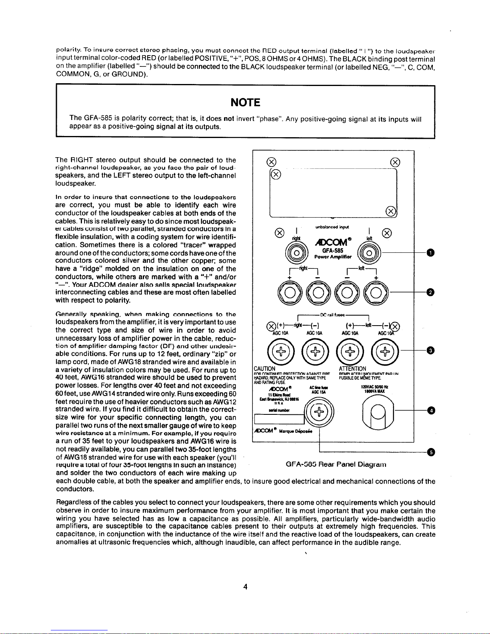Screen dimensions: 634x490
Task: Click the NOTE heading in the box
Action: point(246,103)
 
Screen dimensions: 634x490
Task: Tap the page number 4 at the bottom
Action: point(246,587)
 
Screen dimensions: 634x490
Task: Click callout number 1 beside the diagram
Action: point(430,253)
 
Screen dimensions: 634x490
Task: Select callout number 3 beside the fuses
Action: point(430,351)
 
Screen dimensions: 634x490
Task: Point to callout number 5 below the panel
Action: point(430,452)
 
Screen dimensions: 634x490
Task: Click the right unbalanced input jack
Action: point(296,254)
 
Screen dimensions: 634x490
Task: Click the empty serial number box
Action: point(278,419)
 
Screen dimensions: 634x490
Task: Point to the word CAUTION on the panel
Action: point(265,368)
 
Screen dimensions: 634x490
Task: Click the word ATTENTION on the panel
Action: point(352,368)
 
